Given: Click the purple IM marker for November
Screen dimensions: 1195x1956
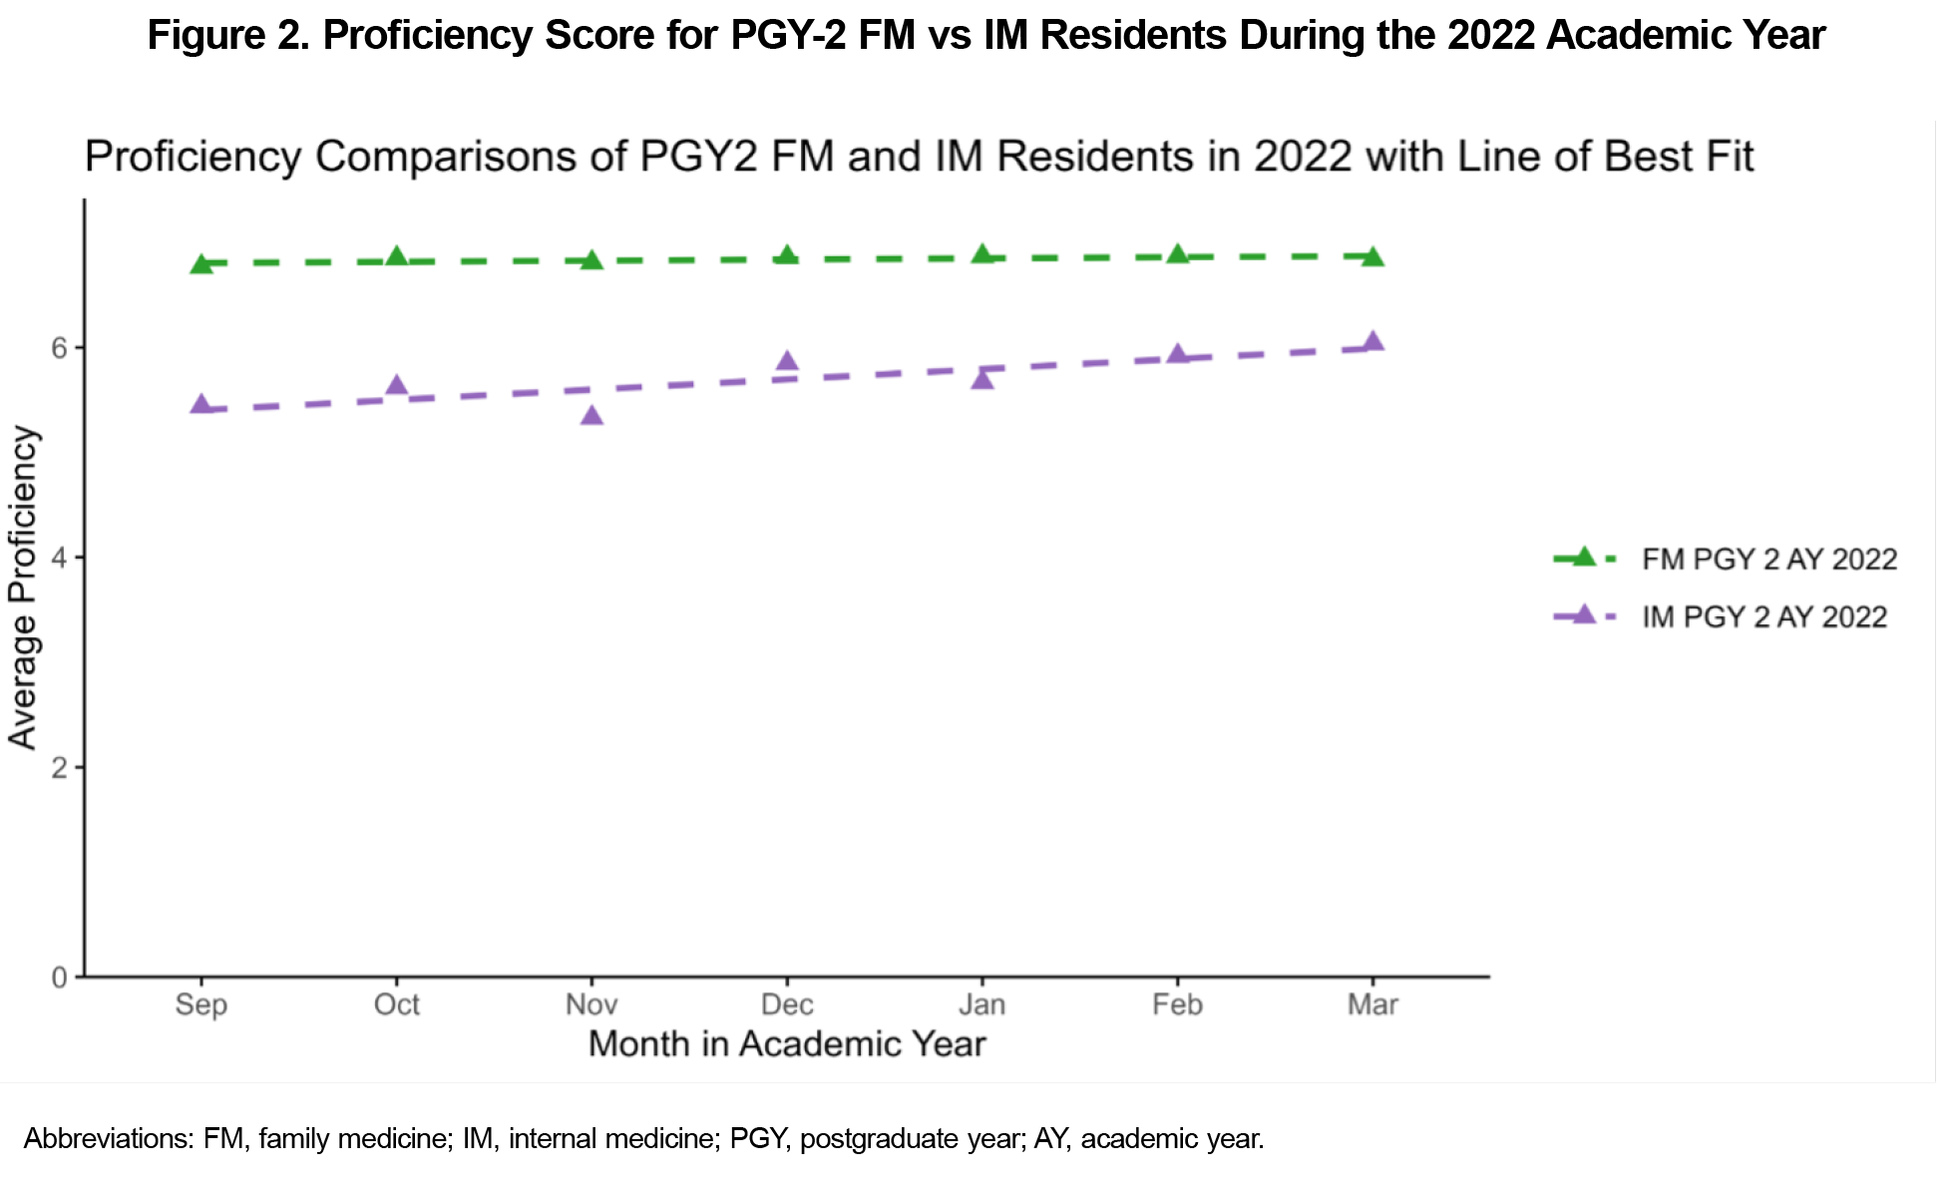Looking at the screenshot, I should coord(591,414).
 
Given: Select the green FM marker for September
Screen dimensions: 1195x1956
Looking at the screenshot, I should coord(201,263).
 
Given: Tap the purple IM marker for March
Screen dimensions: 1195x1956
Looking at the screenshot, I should coord(1372,341).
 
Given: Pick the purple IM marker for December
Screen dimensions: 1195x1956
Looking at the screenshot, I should coord(787,360).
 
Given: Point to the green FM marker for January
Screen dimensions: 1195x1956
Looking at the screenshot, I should coord(982,254).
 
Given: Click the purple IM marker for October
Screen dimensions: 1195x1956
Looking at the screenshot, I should coord(397,385).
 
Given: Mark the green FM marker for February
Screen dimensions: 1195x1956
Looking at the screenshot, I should coord(1178,254).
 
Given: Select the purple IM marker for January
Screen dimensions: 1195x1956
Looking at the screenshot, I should coord(982,379).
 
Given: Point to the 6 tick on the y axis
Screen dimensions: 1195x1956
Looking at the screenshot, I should coord(60,347).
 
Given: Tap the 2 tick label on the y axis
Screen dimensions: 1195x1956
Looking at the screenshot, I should coord(60,767).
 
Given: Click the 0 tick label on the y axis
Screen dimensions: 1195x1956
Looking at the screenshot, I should coord(60,978).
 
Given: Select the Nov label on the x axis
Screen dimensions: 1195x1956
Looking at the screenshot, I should coord(591,1004).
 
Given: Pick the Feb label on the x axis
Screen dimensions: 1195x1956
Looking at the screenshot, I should coord(1177,1004).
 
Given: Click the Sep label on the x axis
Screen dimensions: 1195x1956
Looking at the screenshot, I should coord(201,1004).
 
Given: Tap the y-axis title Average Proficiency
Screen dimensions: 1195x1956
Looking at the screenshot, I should coord(23,588).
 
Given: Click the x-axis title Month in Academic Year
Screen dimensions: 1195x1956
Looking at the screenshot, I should coord(787,1044).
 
